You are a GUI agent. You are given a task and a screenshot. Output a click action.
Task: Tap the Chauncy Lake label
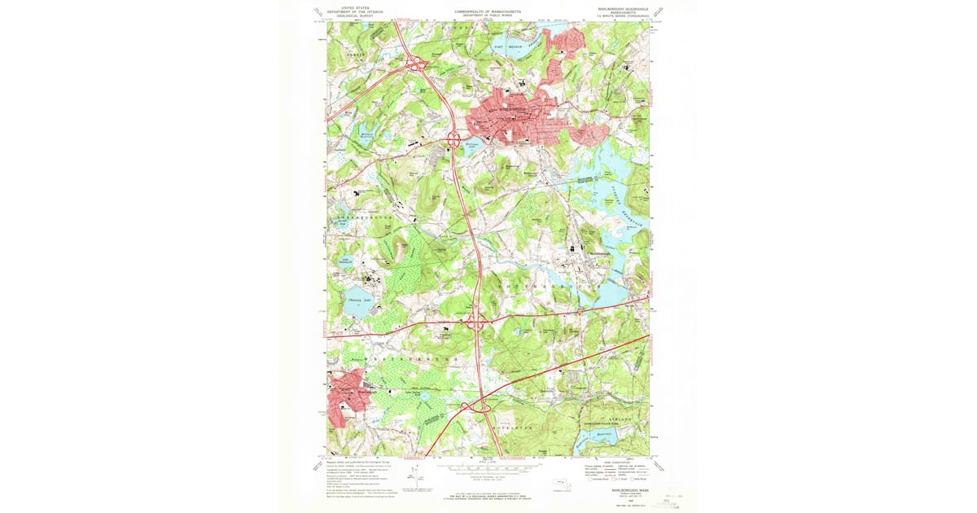tap(354, 300)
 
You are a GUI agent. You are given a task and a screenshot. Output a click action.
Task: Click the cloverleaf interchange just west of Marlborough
tap(454, 140)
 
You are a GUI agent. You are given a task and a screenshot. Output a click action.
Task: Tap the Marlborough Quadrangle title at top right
tap(623, 9)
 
